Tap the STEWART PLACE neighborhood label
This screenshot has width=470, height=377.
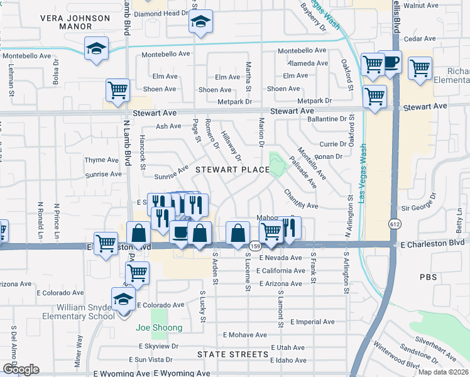232,170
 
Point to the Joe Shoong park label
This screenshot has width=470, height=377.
159,327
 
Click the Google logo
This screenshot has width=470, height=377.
21,369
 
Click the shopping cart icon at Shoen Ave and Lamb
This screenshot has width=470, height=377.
117,90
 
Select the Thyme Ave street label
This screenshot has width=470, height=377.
103,160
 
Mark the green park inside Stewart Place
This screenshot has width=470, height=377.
277,164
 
